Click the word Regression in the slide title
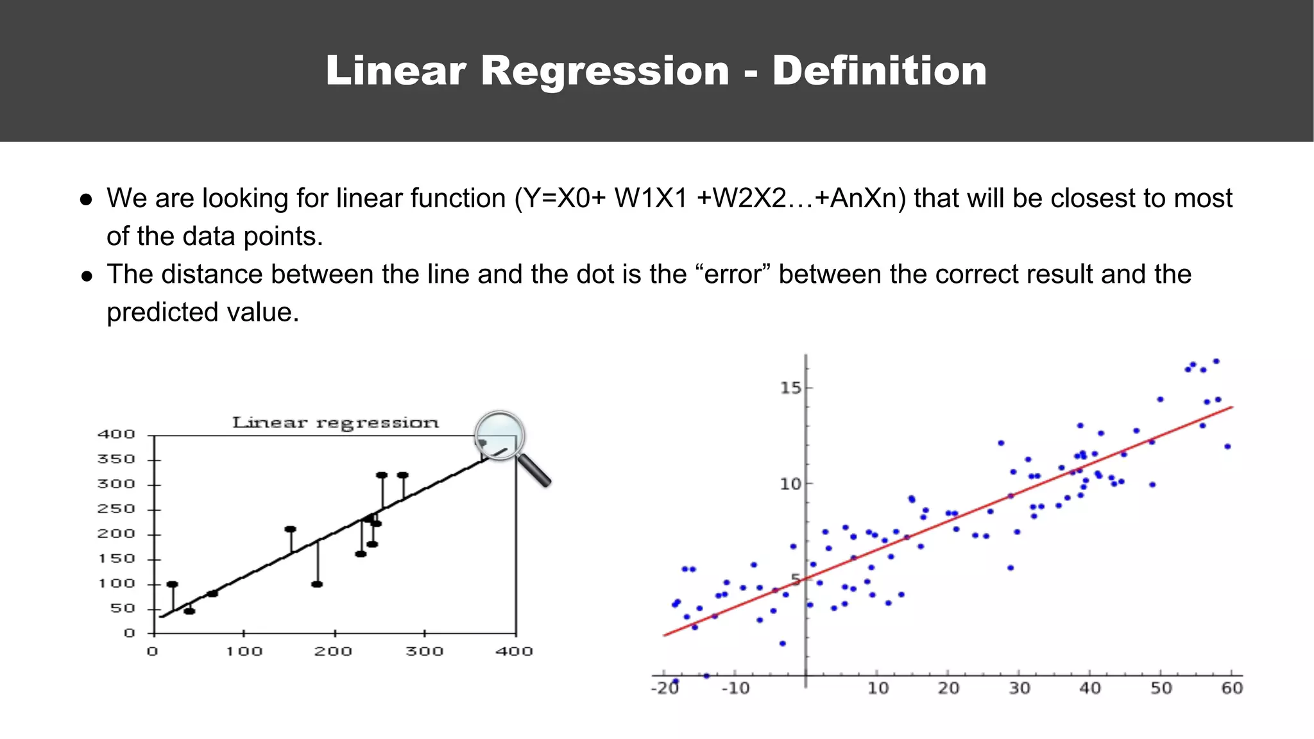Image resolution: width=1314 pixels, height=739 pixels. (x=604, y=71)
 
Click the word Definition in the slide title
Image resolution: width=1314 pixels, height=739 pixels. (x=879, y=71)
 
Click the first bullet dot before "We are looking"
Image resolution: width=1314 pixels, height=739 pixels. (x=87, y=200)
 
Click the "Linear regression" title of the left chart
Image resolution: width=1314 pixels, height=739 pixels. (x=335, y=423)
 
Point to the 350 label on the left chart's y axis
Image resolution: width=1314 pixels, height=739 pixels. (x=116, y=459)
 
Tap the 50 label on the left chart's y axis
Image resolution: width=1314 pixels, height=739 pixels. (x=122, y=608)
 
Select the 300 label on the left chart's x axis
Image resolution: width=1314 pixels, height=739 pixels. (x=424, y=652)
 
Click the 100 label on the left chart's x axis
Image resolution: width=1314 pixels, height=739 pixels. (x=244, y=652)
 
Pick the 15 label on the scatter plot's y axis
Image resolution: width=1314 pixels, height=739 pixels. (x=790, y=387)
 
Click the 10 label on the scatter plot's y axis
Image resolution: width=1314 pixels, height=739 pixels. (x=790, y=484)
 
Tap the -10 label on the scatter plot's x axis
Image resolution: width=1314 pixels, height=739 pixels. (x=735, y=688)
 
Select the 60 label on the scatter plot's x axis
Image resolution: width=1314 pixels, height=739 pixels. (x=1231, y=688)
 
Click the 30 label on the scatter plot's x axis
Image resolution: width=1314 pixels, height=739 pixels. (x=1019, y=688)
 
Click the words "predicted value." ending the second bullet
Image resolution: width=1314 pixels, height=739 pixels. (x=203, y=312)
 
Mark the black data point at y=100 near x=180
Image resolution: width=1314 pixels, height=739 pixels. (x=317, y=584)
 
